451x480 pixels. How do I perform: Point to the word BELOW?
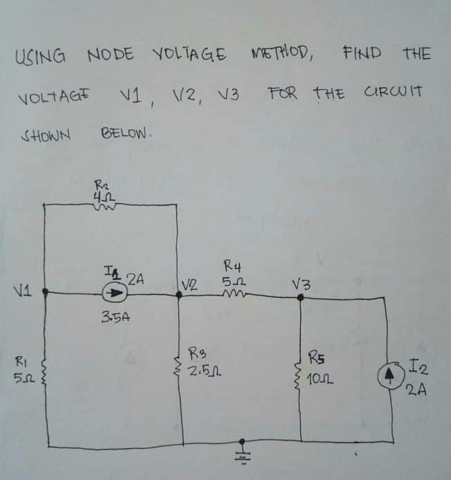[x=125, y=131]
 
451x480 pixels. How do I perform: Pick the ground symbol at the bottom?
[x=243, y=450]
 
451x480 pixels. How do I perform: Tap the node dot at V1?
[x=45, y=293]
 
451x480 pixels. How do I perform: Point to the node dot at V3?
[x=300, y=297]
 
